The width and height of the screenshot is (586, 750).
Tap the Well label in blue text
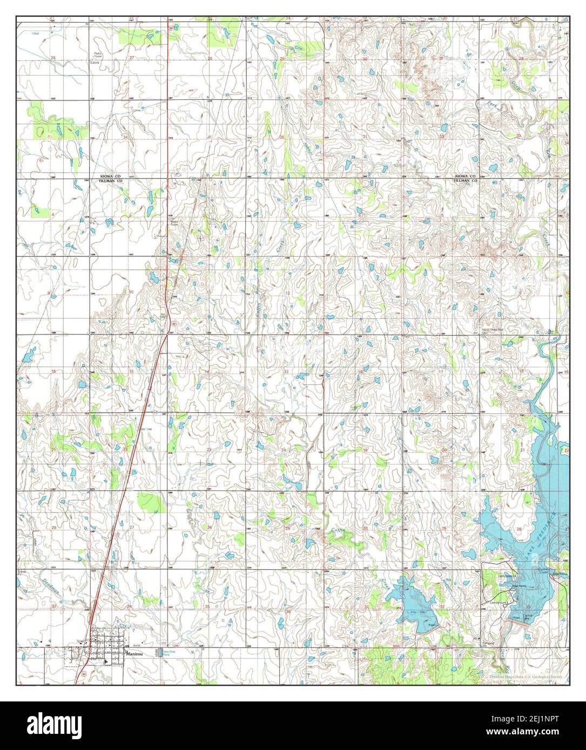[36, 33]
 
